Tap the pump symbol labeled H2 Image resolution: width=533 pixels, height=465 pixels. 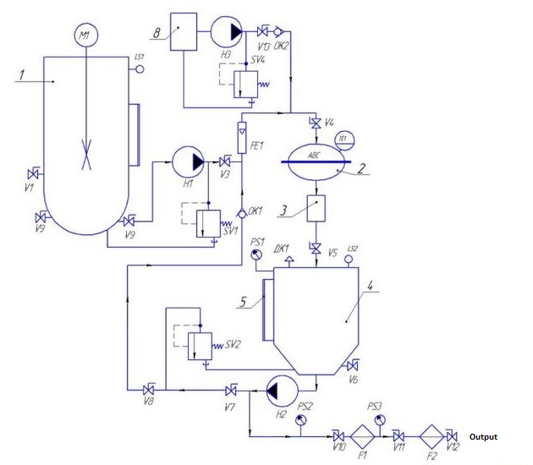[279, 390]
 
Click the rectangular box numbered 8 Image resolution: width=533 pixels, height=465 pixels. [183, 32]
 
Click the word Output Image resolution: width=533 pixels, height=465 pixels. [485, 437]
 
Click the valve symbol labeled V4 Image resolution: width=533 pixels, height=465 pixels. [316, 124]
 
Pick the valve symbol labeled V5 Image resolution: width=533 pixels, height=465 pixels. [316, 249]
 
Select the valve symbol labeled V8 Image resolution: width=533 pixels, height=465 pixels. [149, 390]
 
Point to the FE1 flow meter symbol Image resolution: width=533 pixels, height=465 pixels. [242, 132]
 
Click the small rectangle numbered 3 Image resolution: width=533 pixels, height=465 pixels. [316, 207]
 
